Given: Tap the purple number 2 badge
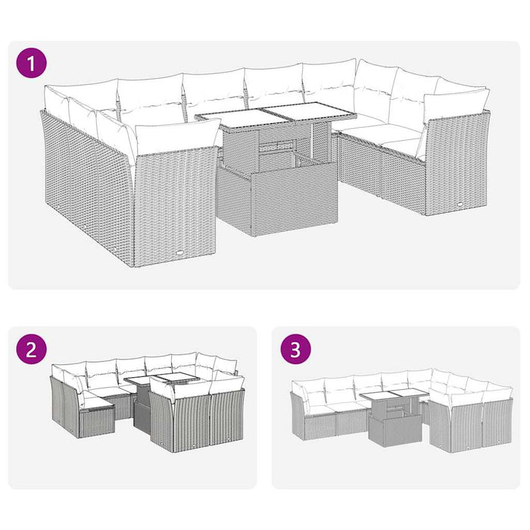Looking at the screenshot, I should (31, 350).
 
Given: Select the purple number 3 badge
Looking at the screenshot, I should (295, 350).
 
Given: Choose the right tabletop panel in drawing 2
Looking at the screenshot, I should (178, 379).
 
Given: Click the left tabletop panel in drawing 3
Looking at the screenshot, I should (376, 397).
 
